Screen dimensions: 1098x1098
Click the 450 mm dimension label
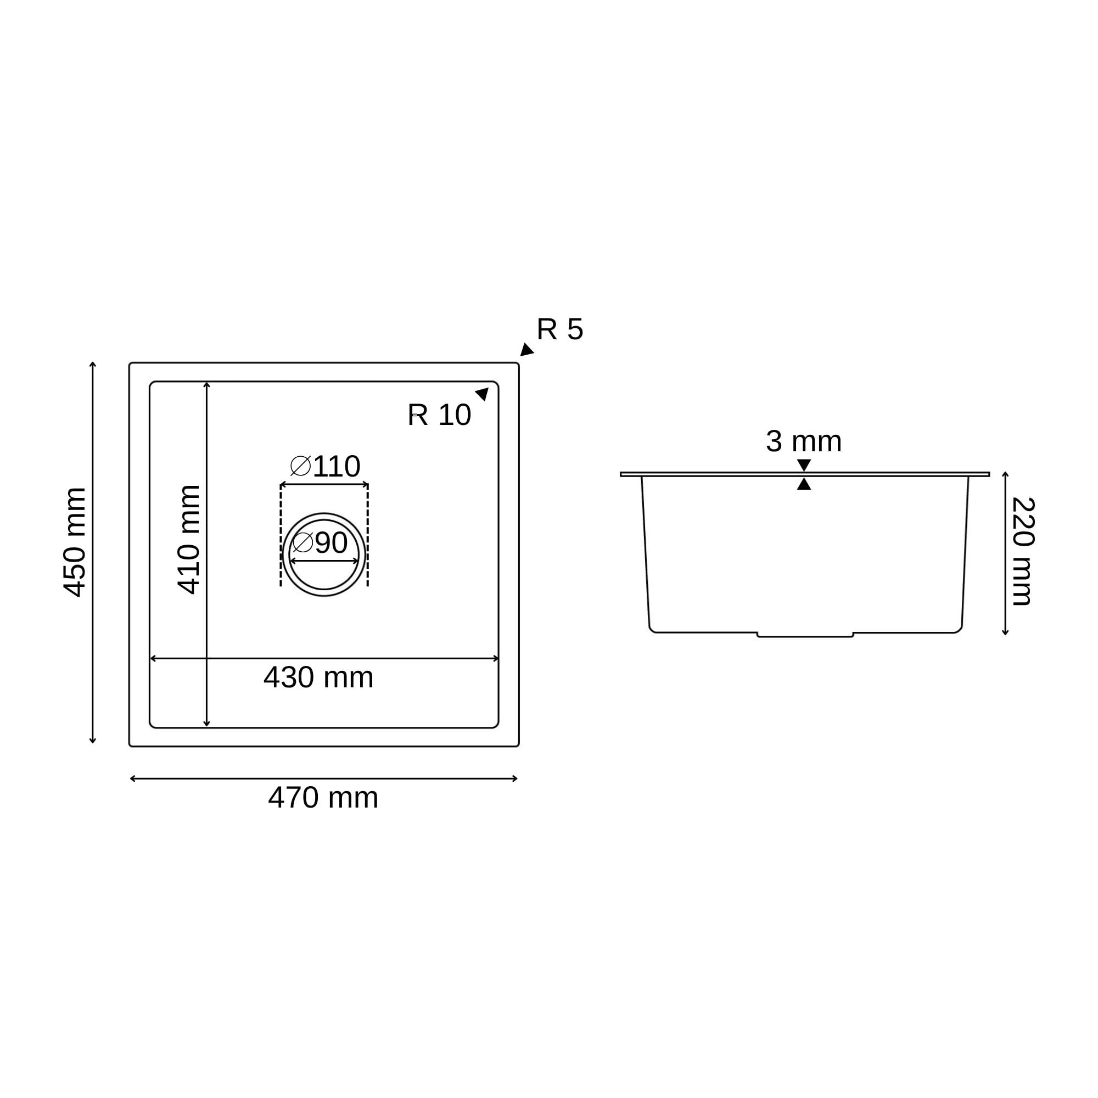click(x=75, y=542)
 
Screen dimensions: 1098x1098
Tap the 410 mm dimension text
click(x=189, y=539)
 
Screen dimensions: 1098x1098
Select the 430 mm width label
click(x=318, y=677)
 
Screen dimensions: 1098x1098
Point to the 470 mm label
click(x=323, y=797)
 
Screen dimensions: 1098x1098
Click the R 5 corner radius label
click(x=560, y=329)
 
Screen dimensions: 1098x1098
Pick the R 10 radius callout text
click(x=439, y=415)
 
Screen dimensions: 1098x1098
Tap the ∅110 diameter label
click(x=325, y=466)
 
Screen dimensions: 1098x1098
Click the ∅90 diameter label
click(x=320, y=542)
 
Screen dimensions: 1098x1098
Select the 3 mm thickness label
click(x=804, y=441)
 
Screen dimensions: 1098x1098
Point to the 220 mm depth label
click(x=1023, y=551)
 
